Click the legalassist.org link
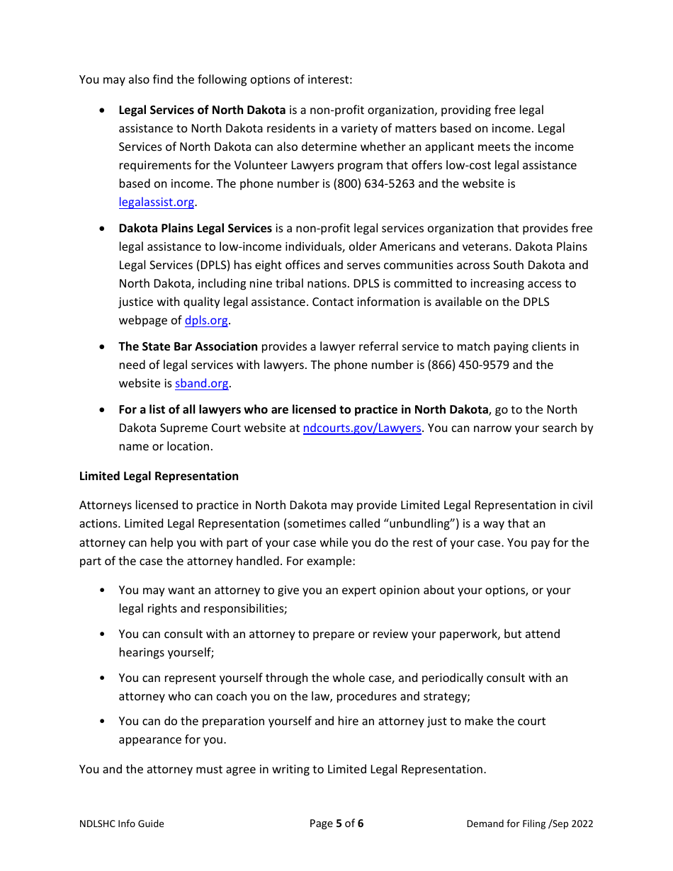pyautogui.click(x=156, y=203)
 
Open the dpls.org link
pyautogui.click(x=206, y=321)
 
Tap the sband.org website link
pyautogui.click(x=202, y=384)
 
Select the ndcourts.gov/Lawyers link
pyautogui.click(x=362, y=428)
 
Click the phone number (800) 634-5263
pyautogui.click(x=373, y=184)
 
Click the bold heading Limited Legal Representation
pyautogui.click(x=159, y=477)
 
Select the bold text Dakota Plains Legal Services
pyautogui.click(x=195, y=229)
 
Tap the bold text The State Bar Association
pyautogui.click(x=188, y=347)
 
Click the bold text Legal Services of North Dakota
pyautogui.click(x=202, y=110)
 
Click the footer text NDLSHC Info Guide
pyautogui.click(x=121, y=824)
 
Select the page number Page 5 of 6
pyautogui.click(x=336, y=824)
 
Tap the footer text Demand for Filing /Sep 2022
pyautogui.click(x=529, y=824)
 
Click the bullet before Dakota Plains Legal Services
pyautogui.click(x=103, y=229)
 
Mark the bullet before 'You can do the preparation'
pyautogui.click(x=103, y=722)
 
